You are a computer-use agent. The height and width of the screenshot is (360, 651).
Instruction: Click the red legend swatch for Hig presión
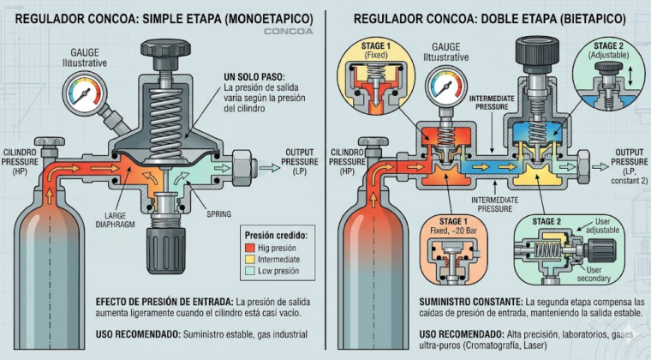point(249,248)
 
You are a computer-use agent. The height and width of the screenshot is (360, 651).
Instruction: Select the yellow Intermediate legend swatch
point(249,260)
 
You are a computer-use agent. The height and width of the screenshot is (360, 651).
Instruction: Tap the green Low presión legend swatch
point(249,271)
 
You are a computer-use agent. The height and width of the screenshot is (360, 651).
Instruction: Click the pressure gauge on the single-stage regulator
point(84,94)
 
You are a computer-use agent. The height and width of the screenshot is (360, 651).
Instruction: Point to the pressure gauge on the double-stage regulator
point(446,87)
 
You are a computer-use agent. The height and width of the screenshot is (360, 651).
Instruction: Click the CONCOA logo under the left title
point(288,32)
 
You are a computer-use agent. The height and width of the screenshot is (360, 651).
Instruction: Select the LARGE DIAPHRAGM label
point(115,220)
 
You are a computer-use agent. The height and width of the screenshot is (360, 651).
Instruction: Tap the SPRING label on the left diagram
point(218,214)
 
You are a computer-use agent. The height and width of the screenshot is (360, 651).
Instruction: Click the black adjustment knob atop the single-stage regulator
point(165,53)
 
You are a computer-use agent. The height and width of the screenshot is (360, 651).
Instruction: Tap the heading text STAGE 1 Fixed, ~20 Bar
point(453,226)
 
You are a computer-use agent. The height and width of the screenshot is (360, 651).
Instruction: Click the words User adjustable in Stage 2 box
point(602,226)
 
